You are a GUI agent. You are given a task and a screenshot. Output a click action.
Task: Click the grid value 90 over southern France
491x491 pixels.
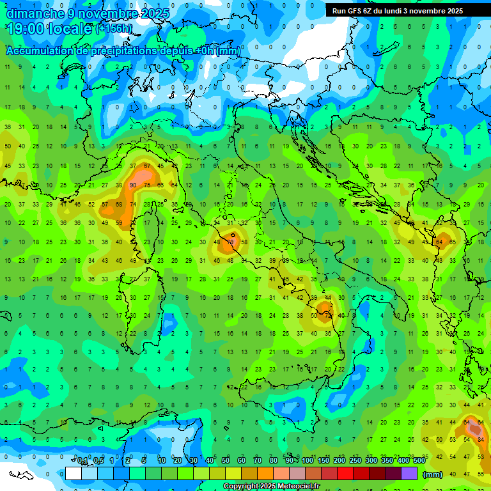coord(133,185)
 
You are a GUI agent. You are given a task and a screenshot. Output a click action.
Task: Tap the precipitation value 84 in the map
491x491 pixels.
coord(481,439)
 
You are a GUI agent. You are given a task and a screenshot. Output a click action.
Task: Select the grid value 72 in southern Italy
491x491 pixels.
coord(328,316)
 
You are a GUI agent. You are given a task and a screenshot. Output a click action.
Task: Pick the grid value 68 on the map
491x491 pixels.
coord(119,204)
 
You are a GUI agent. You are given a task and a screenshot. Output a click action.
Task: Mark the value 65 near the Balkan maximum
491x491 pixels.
coord(453,242)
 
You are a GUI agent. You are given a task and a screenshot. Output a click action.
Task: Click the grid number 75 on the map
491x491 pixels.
coord(147,185)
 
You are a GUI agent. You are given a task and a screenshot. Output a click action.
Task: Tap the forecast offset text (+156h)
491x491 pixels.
coord(114,29)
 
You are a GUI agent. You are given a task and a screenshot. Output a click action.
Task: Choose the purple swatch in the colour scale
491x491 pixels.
coord(409,474)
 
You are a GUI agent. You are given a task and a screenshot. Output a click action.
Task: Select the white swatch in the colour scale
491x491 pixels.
coord(74,474)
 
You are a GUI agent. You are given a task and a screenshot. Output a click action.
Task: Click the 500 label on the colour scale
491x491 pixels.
coord(419,461)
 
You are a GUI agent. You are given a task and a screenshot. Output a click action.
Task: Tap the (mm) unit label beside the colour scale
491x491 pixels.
coord(433,474)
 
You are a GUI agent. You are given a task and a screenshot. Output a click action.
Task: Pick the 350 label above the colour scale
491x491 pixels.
coord(387,461)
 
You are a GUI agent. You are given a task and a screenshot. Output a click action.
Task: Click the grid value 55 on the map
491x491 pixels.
coord(481,474)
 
